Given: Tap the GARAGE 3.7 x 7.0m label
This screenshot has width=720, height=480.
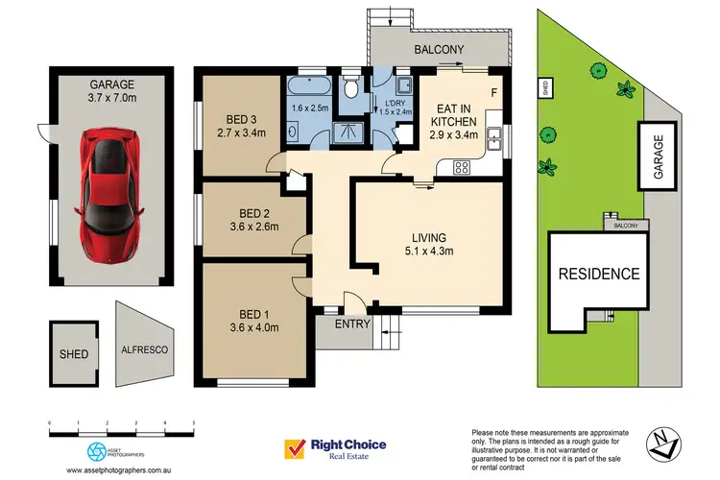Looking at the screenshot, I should click(x=112, y=90).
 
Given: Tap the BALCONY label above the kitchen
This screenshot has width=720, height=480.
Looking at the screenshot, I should click(x=439, y=49).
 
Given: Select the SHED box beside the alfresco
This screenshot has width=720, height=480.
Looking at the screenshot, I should click(x=74, y=353).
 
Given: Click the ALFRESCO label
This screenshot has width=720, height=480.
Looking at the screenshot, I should click(x=142, y=351).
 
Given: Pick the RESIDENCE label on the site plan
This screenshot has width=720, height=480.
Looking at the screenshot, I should click(x=600, y=274).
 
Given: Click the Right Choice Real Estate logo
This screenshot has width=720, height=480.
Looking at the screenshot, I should click(x=334, y=448).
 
